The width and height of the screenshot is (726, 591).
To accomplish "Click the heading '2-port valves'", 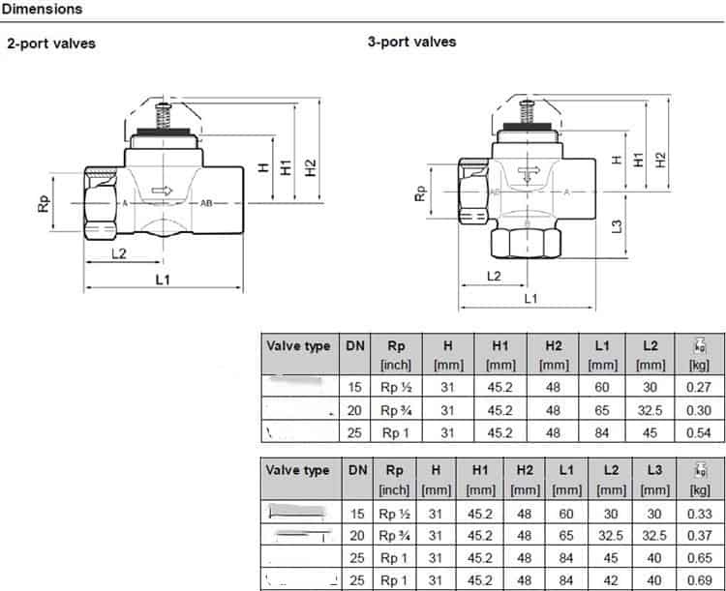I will tap(51, 44).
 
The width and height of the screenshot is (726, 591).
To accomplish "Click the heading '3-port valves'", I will tap(411, 42).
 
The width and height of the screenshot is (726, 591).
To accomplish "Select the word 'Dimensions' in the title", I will tap(42, 9).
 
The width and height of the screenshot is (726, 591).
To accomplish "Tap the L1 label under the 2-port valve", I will tap(163, 280).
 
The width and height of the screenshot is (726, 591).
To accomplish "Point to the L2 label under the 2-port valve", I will tap(118, 253).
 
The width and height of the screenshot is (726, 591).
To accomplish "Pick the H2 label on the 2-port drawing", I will tap(311, 166).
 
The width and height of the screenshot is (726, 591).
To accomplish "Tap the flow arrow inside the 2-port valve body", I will tap(162, 192).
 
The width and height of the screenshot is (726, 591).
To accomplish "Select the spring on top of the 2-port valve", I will tap(162, 112).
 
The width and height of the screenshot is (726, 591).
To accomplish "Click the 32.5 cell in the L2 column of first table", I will tap(650, 410).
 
